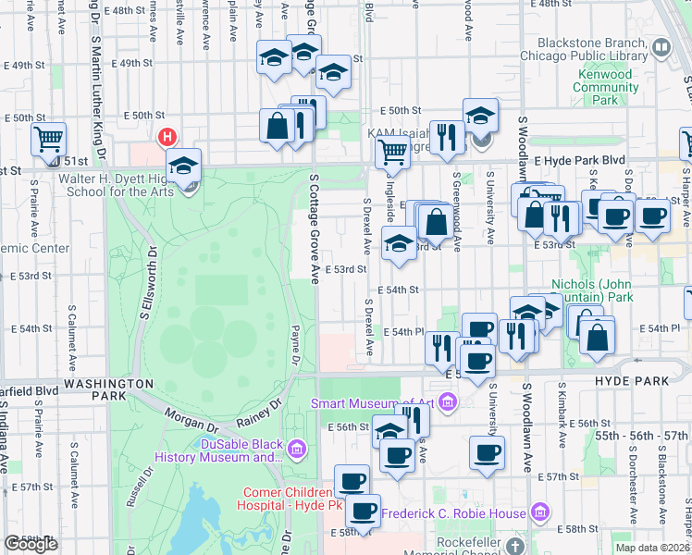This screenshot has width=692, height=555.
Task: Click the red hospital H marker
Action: (167, 138)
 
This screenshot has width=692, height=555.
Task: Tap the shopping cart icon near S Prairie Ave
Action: (48, 140)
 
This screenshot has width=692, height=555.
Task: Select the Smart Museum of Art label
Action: (373, 402)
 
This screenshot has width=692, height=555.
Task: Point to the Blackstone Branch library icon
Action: (661, 46)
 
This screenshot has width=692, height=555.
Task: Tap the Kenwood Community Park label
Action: (606, 87)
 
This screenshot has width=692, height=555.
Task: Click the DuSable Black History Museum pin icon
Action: (297, 450)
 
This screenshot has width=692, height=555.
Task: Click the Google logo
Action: (31, 544)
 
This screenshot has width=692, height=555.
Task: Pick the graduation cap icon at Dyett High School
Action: (185, 166)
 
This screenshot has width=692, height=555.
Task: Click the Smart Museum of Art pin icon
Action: (448, 402)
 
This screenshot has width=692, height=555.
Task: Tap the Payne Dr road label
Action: (295, 344)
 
